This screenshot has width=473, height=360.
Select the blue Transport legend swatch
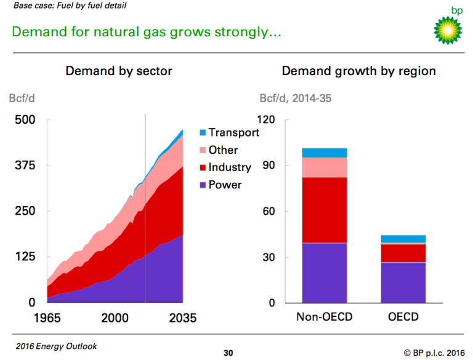[x=203, y=132]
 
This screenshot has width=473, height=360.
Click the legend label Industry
[x=230, y=167]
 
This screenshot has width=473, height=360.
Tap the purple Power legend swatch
[x=203, y=185]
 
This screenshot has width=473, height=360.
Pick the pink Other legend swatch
[x=203, y=150]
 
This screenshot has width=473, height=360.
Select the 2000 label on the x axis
[x=115, y=318]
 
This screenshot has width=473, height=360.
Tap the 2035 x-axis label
[x=182, y=318]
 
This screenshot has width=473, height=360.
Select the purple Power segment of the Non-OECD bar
[x=324, y=273]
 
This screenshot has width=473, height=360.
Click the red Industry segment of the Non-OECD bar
[x=324, y=210]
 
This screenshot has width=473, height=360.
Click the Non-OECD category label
[x=324, y=318]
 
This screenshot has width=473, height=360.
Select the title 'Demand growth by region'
[x=358, y=71]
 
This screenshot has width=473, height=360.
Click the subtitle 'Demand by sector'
[x=119, y=71]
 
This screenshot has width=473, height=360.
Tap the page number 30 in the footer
[x=228, y=353]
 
